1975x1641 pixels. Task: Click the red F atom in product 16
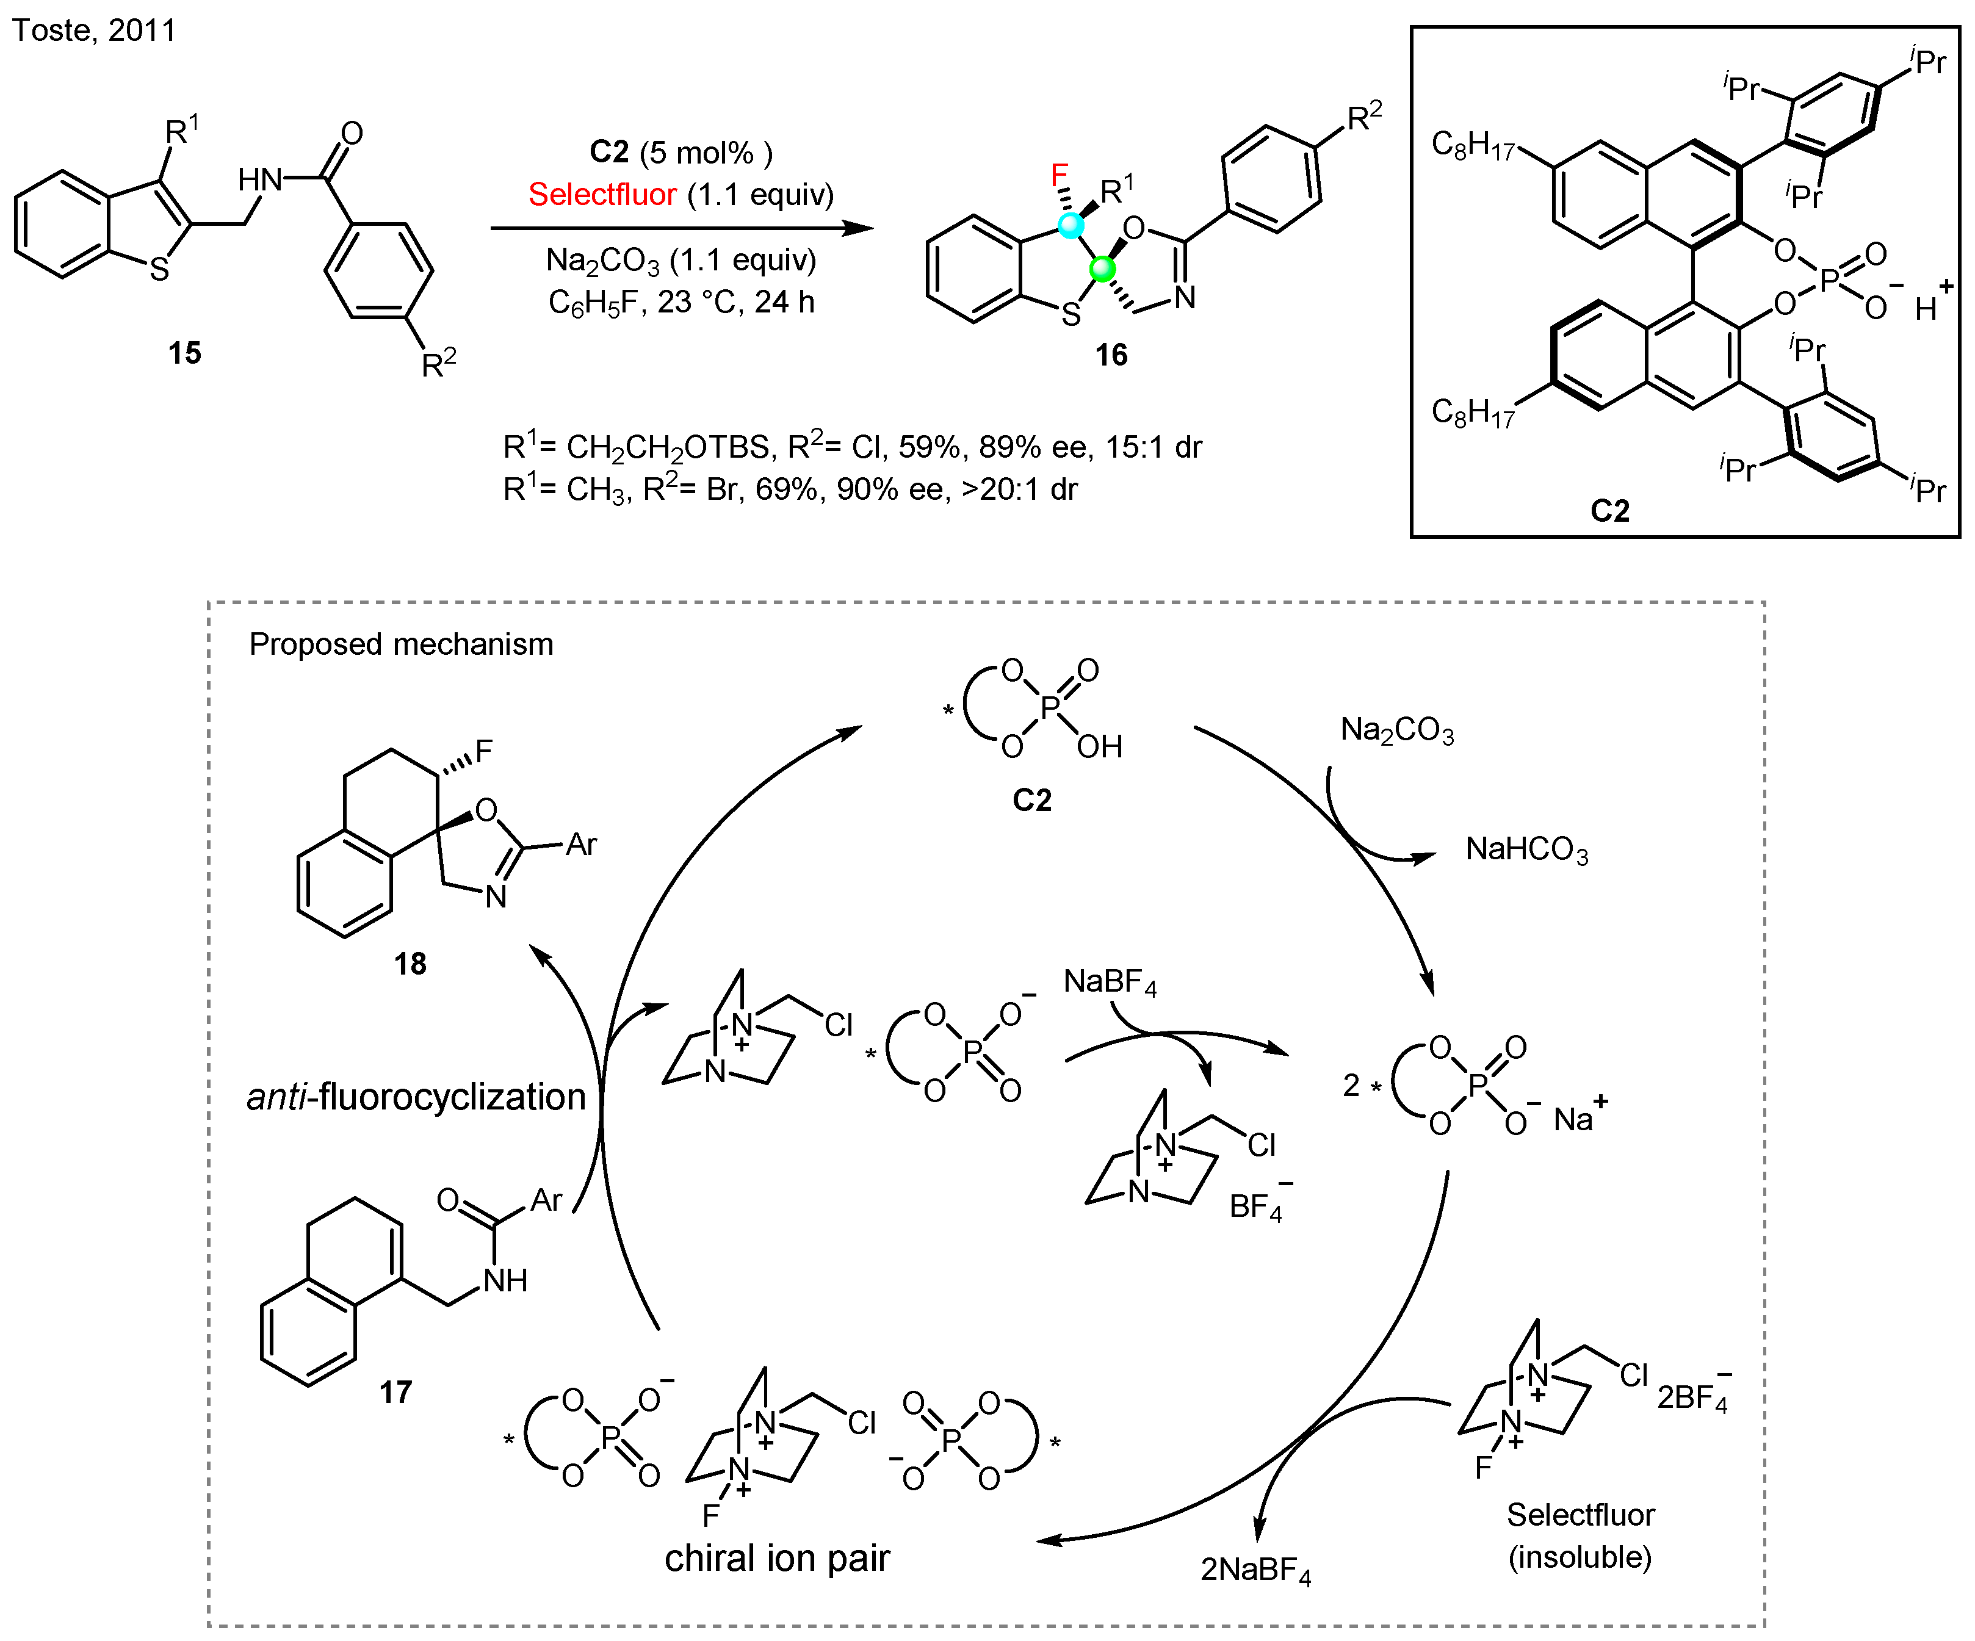1059,175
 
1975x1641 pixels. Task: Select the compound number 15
184,353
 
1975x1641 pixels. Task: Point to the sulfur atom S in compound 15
160,270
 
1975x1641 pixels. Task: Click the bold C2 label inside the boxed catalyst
1609,511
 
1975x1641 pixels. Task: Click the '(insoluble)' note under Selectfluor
1580,1557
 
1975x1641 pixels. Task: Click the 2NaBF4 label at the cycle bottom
1255,1570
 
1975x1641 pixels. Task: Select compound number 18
410,964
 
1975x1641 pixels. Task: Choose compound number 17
396,1392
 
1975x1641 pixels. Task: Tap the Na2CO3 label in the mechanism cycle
1396,730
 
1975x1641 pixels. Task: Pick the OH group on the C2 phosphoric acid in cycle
1099,747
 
